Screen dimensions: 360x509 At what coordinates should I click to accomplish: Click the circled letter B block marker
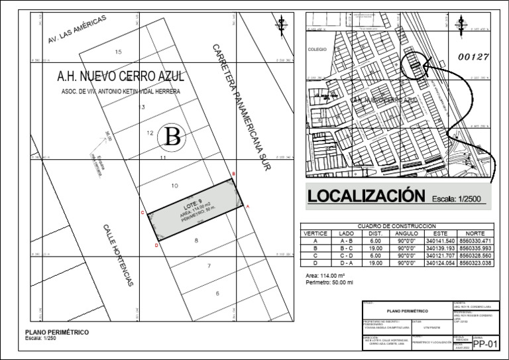click(x=172, y=137)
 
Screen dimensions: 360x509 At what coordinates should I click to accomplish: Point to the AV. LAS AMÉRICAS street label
click(x=78, y=32)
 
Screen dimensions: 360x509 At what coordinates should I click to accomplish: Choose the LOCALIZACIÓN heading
click(x=365, y=196)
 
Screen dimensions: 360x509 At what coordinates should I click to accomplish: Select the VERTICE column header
click(x=315, y=234)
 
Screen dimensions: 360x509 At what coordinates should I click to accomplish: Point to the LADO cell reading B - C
click(x=346, y=249)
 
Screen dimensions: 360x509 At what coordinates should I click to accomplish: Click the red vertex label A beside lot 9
click(x=248, y=207)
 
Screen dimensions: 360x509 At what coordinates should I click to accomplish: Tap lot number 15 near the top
click(x=119, y=52)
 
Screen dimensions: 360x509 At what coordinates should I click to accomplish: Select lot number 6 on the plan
click(x=217, y=293)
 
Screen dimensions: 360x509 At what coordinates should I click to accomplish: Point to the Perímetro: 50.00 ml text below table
click(x=329, y=282)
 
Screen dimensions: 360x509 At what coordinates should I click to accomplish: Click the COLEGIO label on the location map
click(x=318, y=49)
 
